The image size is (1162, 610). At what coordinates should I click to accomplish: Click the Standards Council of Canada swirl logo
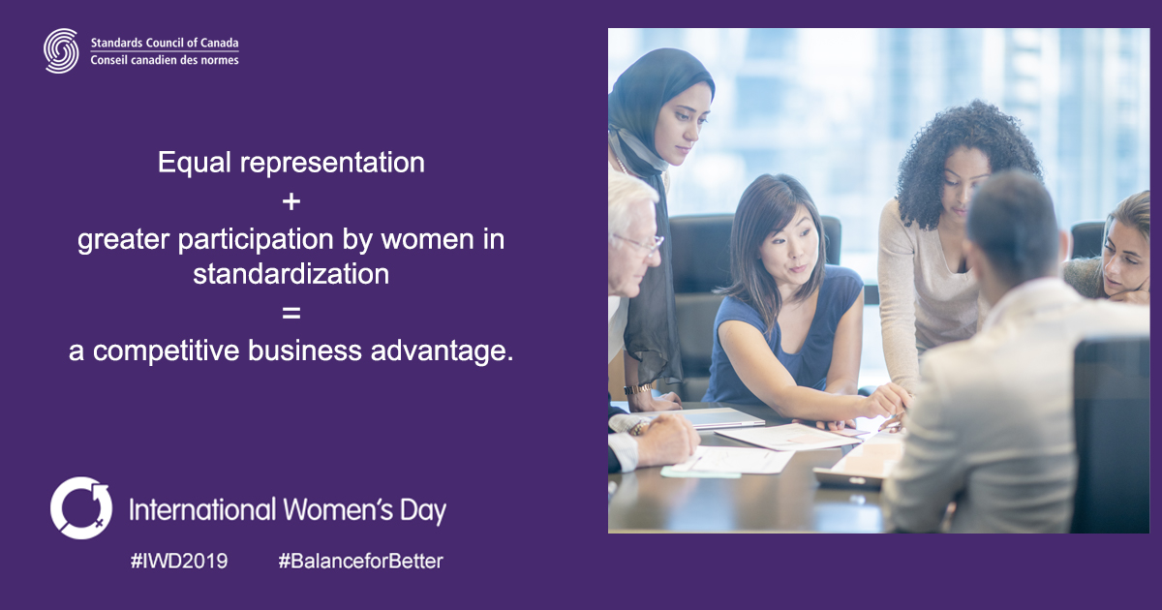coord(61,50)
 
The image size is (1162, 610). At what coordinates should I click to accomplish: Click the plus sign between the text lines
coord(291,201)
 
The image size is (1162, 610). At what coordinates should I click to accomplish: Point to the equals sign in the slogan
coord(291,313)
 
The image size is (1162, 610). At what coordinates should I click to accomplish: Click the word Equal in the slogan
coord(194,163)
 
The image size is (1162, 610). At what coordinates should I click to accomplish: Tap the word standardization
coord(291,274)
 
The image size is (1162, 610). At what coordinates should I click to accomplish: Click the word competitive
coord(166,351)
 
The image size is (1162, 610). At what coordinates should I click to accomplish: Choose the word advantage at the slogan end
coord(442,351)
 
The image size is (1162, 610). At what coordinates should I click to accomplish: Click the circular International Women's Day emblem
coord(81,507)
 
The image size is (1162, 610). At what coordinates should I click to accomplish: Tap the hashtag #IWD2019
coord(179,561)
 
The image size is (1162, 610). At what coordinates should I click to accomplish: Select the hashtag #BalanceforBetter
coord(360,561)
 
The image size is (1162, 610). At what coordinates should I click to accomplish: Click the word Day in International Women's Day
coord(423,511)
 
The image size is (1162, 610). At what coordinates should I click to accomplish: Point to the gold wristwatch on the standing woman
coord(638,389)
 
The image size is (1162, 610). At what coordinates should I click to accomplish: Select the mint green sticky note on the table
coord(700,473)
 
